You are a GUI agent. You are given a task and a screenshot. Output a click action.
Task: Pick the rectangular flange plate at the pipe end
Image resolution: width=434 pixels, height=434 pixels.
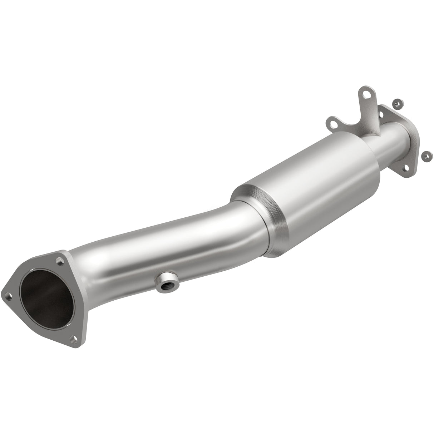411,143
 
